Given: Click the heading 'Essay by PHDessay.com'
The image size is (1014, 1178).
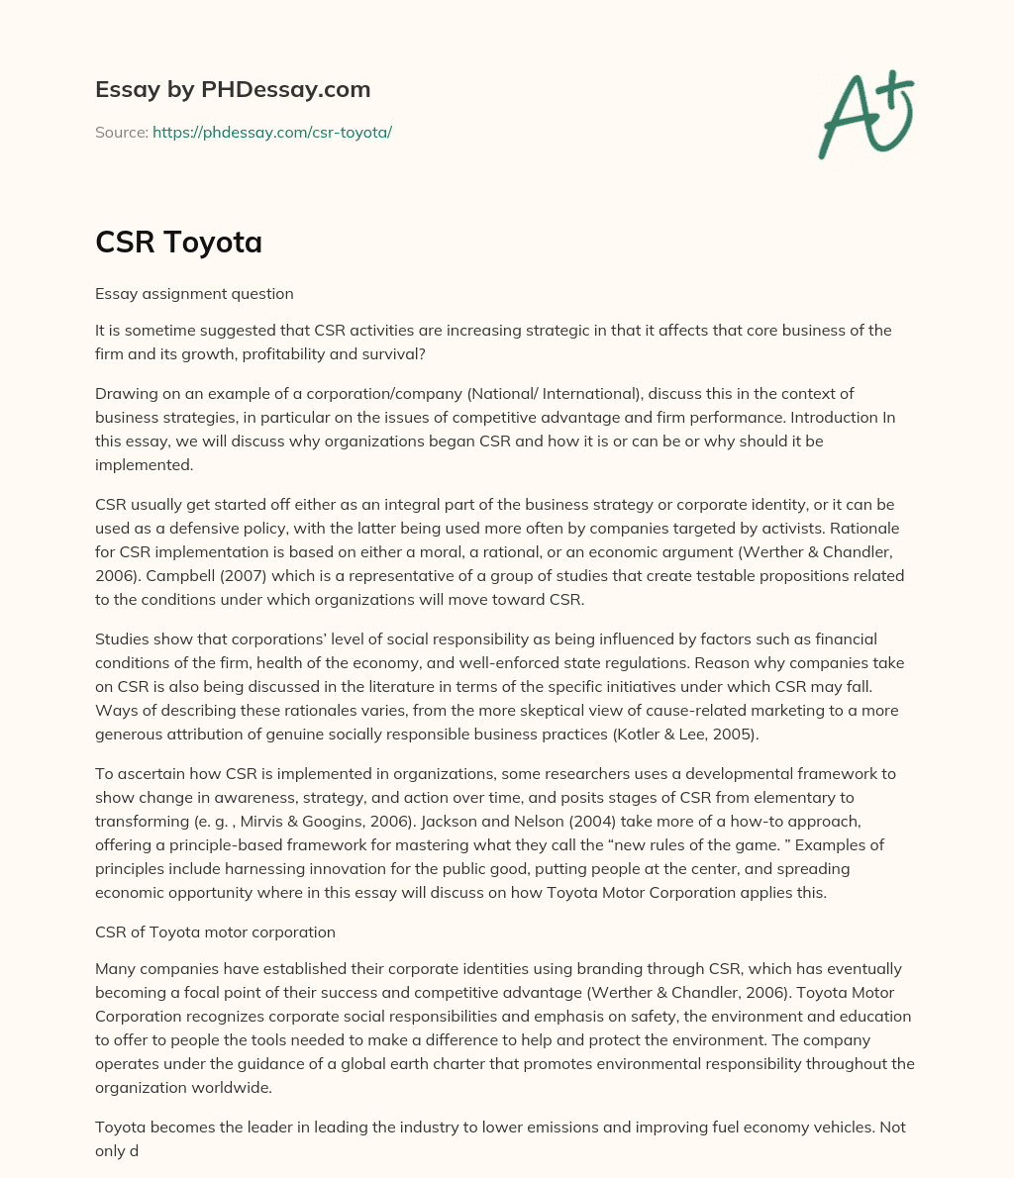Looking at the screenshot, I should coord(233,89).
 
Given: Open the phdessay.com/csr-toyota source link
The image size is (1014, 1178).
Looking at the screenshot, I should coord(272,132).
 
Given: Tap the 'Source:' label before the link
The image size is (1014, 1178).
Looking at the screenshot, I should coord(122,132).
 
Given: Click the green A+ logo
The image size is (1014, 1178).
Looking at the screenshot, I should coord(865,114).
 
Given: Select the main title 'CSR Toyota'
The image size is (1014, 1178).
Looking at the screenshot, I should coord(178,242).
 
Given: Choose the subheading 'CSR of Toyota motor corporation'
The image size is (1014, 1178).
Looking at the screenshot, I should coord(215,932).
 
